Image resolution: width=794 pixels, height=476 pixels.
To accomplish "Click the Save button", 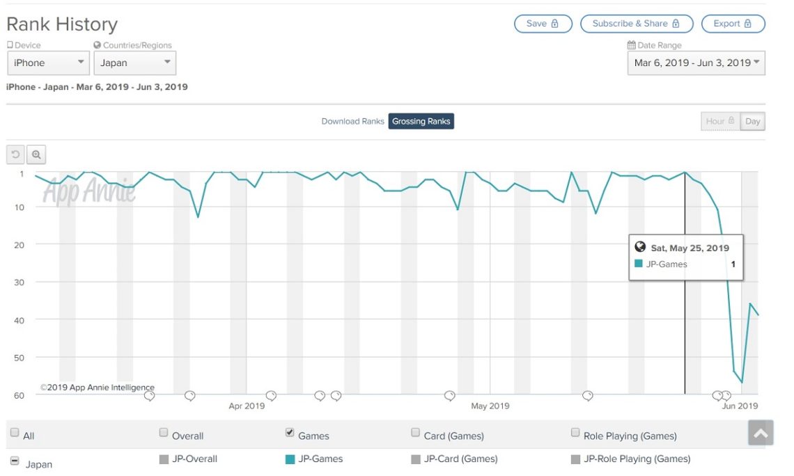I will pos(543,24).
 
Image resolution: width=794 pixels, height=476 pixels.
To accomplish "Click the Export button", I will pos(733,24).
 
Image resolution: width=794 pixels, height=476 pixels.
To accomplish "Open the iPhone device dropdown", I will pos(48,63).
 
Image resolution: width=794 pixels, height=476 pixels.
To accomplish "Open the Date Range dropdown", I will pos(696,63).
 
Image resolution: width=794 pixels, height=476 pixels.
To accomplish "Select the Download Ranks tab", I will pos(352,121).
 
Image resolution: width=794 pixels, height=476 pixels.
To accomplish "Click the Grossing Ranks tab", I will pos(421,121).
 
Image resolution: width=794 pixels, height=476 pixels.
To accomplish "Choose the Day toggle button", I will pos(752,121).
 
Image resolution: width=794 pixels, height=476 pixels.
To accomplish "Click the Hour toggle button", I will pos(720,121).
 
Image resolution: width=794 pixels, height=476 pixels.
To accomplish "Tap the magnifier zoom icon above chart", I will pos(36,154).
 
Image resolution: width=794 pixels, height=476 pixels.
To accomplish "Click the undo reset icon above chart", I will pos(16,154).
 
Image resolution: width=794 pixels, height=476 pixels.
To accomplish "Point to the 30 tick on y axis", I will pos(19,282).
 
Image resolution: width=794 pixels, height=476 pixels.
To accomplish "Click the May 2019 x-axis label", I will pos(490,406).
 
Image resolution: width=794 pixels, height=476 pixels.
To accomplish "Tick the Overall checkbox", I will pos(164,433).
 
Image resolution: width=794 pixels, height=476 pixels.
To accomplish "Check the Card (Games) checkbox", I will pos(415,433).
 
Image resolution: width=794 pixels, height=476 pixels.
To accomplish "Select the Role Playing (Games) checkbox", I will pos(575,433).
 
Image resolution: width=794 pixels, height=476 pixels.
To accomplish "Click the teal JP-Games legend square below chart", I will pos(290,459).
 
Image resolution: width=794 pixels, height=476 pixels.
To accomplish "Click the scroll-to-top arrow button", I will pos(761,433).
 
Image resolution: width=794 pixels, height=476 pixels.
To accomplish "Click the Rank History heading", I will pos(62,24).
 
